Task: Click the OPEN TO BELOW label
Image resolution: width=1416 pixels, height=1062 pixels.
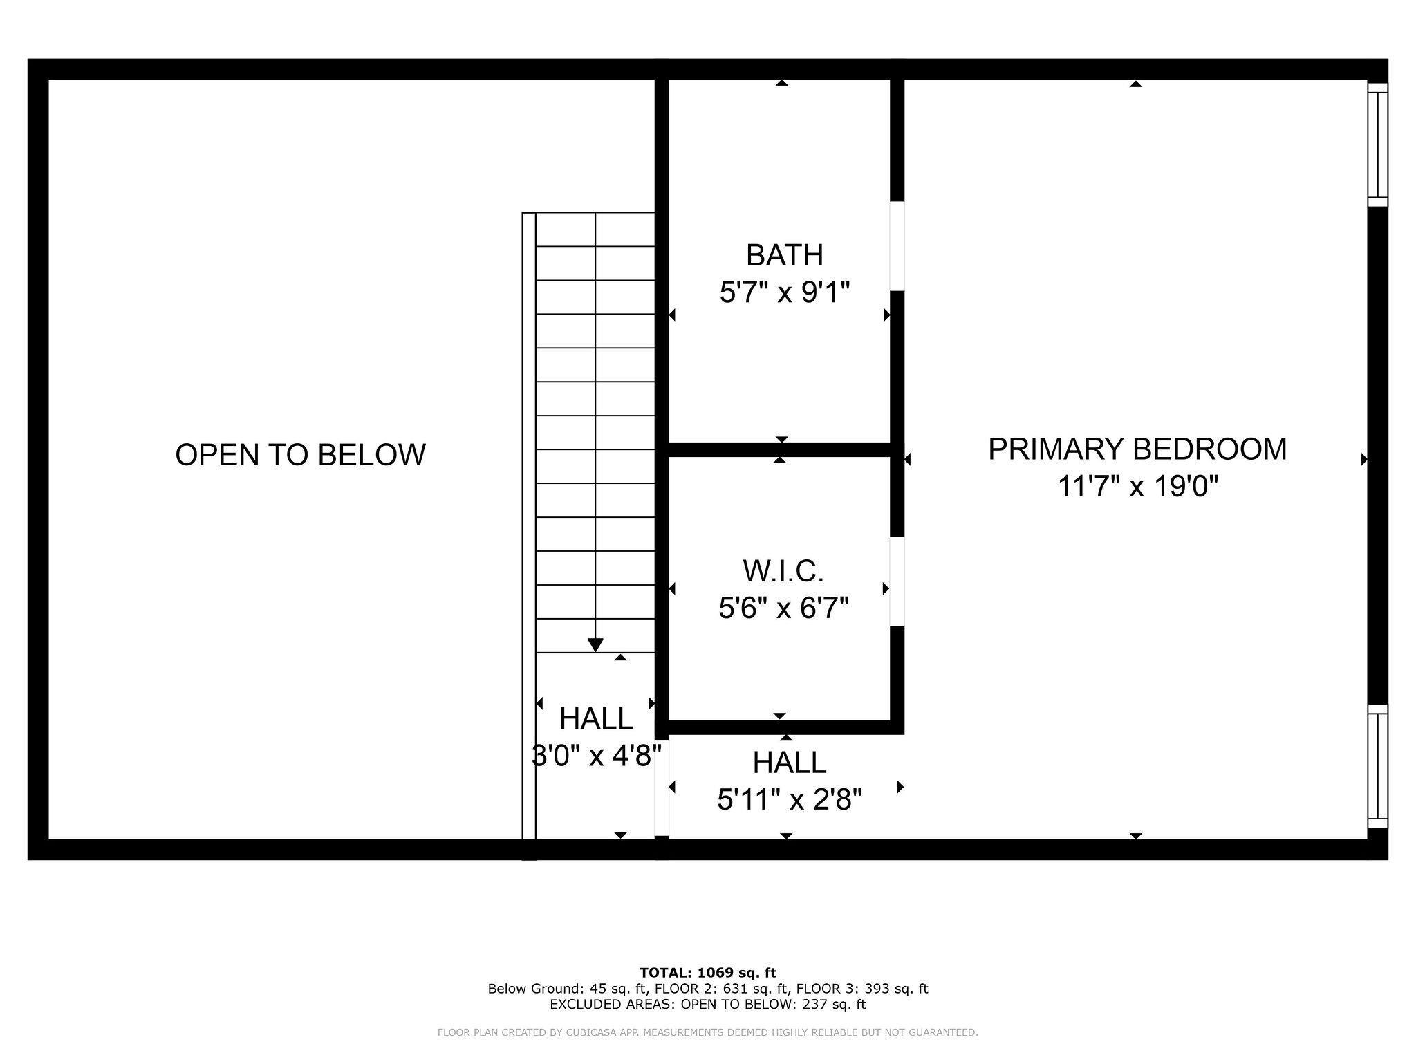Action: click(300, 455)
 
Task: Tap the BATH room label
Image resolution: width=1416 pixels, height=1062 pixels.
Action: click(785, 255)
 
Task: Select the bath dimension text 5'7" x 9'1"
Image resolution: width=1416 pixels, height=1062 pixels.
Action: click(784, 292)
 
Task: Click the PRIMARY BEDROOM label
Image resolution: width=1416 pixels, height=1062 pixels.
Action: click(1137, 449)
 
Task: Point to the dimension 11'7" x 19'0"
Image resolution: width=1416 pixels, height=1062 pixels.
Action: click(1137, 487)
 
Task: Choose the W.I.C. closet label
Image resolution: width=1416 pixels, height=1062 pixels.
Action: click(783, 571)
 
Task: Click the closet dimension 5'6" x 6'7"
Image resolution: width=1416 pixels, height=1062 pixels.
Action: click(783, 608)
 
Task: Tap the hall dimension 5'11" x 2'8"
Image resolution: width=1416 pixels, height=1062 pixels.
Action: click(790, 800)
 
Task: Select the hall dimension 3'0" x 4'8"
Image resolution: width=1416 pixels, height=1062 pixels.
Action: click(596, 756)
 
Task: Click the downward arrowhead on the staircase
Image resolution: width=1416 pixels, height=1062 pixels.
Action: click(595, 645)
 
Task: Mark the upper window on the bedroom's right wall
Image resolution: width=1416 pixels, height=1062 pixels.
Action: click(1378, 145)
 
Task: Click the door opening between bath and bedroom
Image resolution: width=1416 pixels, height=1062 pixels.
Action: click(897, 246)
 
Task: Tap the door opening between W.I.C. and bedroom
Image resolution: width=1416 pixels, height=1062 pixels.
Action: click(897, 581)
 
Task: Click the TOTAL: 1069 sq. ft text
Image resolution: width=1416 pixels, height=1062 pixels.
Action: click(708, 973)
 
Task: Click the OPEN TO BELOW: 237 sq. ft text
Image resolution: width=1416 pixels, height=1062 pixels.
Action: click(773, 1004)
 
